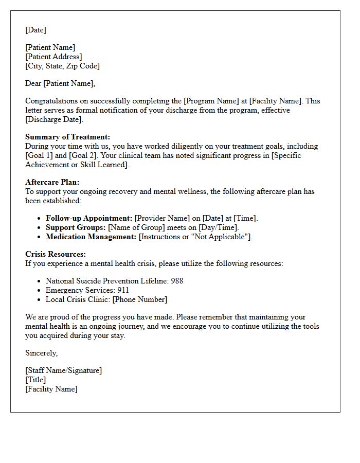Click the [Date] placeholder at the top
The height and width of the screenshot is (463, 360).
tap(35, 30)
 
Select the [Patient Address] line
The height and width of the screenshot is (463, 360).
tap(53, 57)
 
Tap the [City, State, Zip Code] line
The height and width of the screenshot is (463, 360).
tap(62, 66)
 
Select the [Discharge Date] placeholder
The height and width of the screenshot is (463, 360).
tap(53, 119)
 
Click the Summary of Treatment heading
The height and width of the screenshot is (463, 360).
tap(67, 137)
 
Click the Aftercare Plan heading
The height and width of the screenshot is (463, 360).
tap(52, 182)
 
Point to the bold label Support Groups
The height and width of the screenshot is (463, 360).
tap(76, 227)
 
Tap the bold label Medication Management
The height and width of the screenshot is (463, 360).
tap(91, 237)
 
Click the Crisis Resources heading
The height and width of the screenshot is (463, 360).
tap(56, 254)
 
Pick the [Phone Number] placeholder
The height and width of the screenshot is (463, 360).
tap(140, 299)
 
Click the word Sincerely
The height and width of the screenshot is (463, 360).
tap(41, 353)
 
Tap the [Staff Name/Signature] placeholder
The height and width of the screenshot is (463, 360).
tap(63, 370)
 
